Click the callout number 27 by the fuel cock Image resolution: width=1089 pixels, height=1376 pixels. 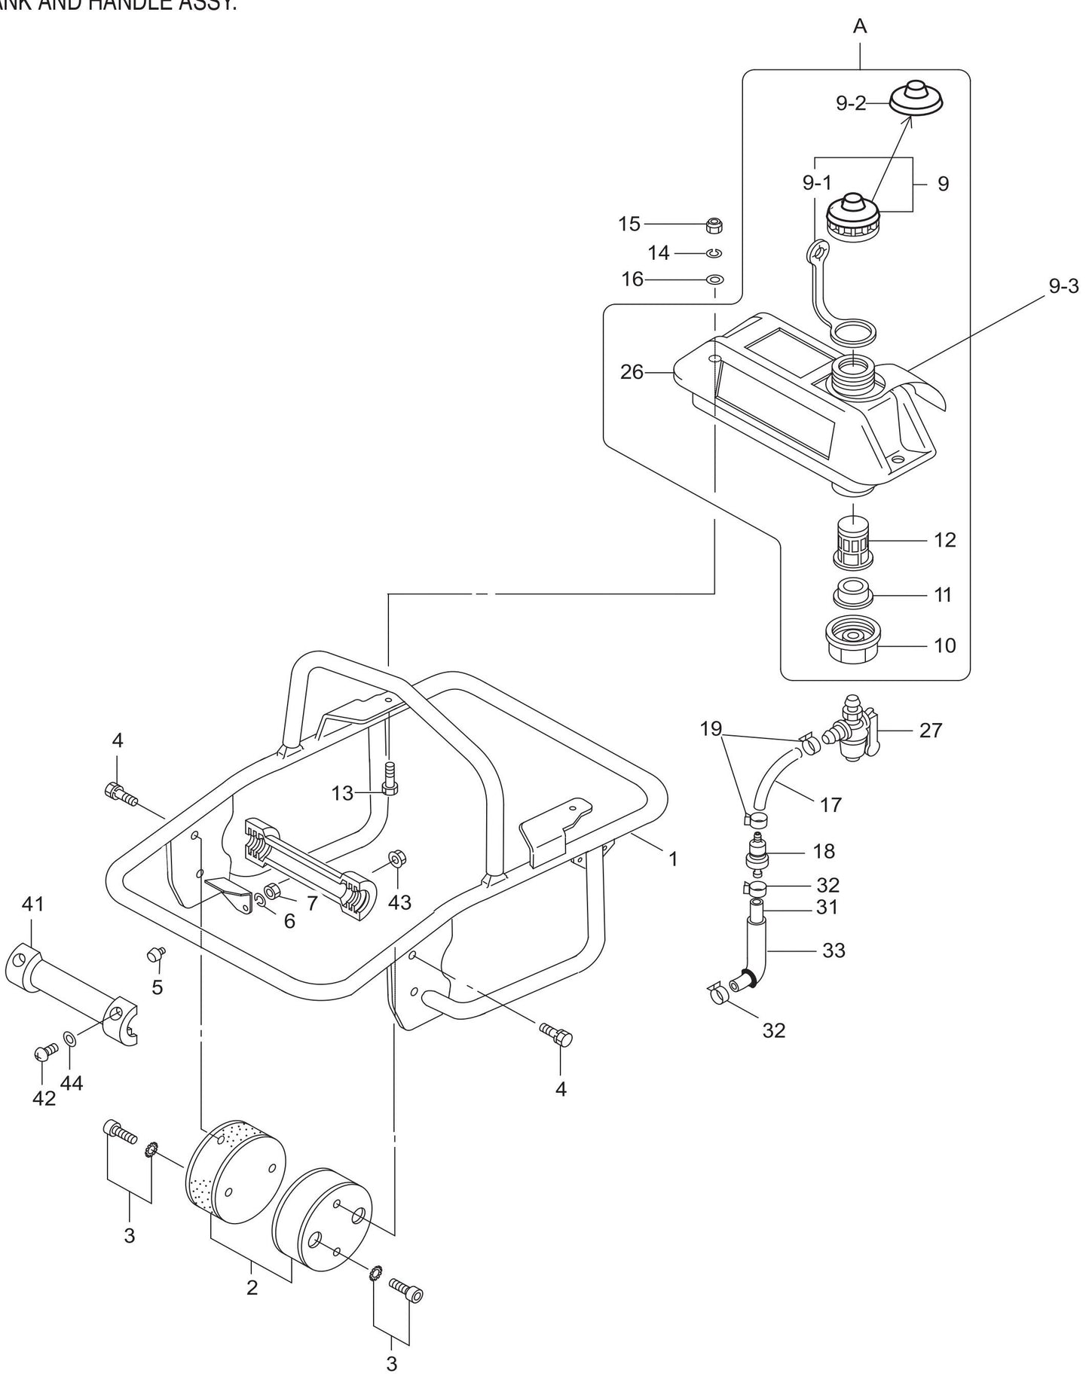931,730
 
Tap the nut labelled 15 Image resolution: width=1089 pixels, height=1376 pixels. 714,224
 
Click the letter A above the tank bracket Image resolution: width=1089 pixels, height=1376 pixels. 860,27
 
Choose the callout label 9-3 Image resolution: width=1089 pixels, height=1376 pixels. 1063,286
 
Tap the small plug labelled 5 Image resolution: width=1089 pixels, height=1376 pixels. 155,954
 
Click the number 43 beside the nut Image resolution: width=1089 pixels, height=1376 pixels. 399,902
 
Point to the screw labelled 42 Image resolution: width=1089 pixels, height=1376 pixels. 46,1051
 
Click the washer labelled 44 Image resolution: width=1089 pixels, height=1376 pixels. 69,1040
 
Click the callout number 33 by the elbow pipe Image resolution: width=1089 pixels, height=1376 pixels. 834,950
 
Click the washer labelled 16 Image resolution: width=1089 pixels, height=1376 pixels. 714,279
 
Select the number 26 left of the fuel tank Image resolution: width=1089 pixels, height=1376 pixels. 632,371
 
